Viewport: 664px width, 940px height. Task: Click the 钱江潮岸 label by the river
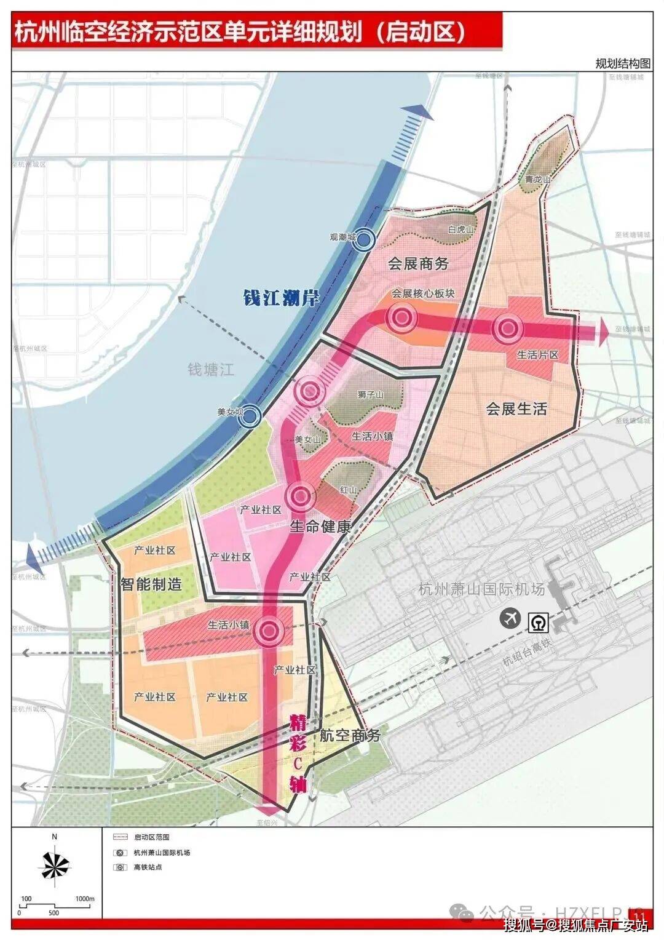(281, 299)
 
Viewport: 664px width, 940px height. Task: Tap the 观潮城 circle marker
(365, 240)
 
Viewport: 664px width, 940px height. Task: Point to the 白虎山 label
(462, 229)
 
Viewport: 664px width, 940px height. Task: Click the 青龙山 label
(537, 179)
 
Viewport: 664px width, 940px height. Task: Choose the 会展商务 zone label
(418, 264)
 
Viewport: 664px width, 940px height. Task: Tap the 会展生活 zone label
(516, 408)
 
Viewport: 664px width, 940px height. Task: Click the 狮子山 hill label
(370, 394)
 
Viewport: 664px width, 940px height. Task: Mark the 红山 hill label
(348, 490)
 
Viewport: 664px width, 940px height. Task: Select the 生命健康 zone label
(320, 527)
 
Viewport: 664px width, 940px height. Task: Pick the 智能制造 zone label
(151, 584)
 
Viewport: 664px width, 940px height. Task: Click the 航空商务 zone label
(350, 735)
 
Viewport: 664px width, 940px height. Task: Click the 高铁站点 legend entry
(148, 867)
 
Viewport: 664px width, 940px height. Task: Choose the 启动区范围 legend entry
(151, 837)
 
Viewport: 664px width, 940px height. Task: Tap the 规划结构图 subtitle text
(622, 63)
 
